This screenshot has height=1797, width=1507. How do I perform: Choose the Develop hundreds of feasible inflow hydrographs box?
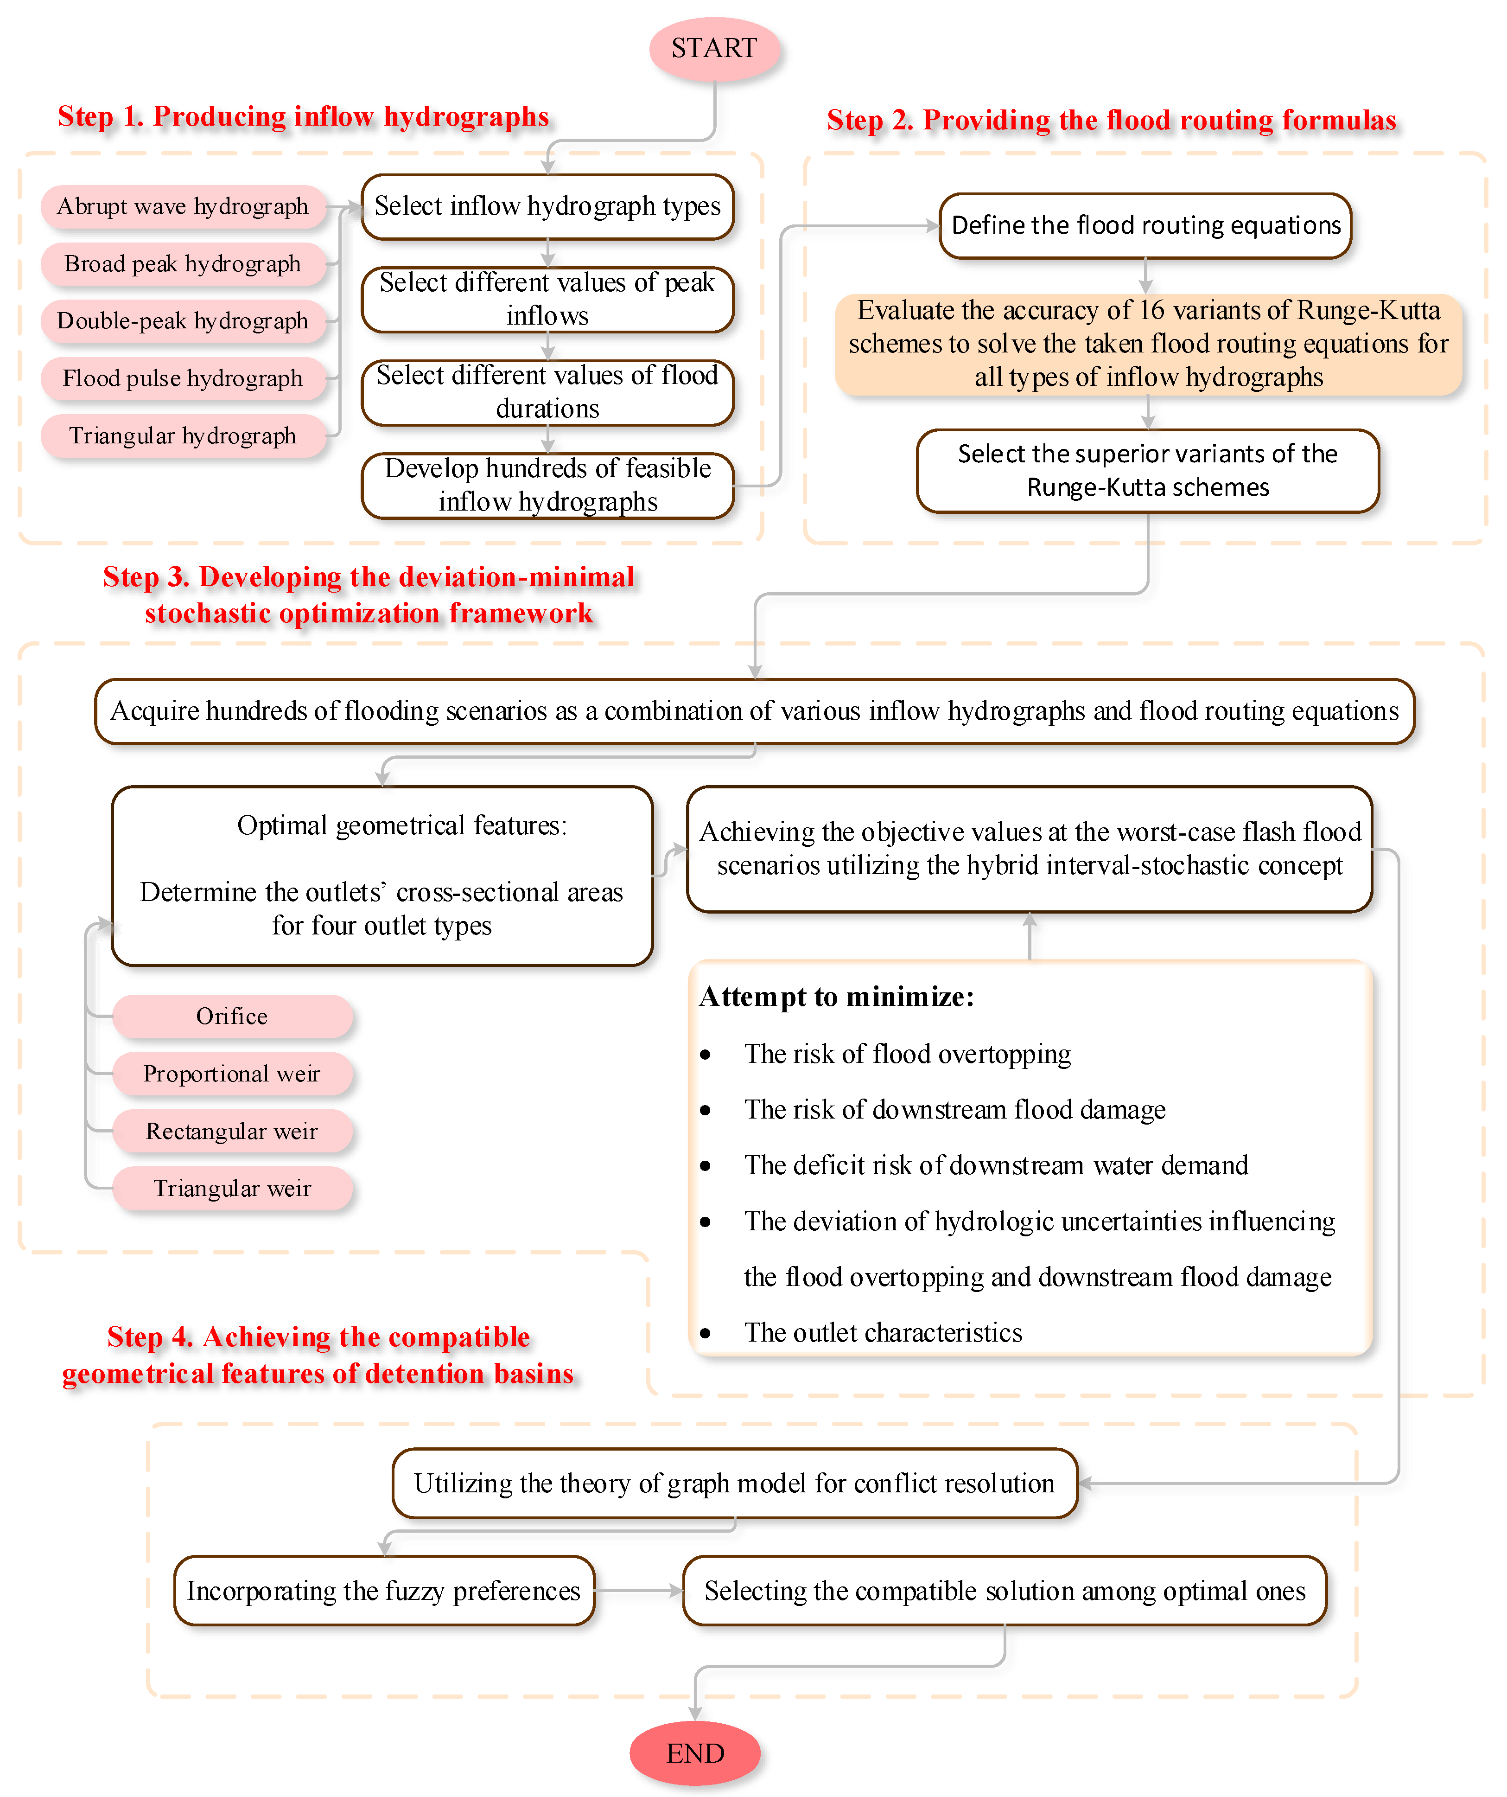(x=547, y=485)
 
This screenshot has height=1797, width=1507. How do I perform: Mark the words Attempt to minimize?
(x=836, y=997)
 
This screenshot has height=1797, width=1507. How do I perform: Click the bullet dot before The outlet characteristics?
(x=706, y=1333)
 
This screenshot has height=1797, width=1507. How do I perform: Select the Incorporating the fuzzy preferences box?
(x=384, y=1591)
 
